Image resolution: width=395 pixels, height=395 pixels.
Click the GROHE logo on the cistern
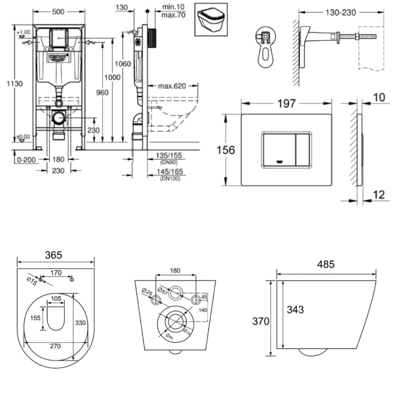pyautogui.click(x=59, y=57)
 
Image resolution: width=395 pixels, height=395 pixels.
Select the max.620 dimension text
pyautogui.click(x=172, y=86)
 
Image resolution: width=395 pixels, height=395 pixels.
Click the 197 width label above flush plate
pyautogui.click(x=286, y=103)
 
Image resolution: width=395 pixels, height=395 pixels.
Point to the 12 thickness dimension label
pyautogui.click(x=379, y=194)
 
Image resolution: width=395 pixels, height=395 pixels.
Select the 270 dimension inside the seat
pyautogui.click(x=55, y=346)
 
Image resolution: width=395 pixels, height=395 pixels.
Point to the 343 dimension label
pyautogui.click(x=295, y=310)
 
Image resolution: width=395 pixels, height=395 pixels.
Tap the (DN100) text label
pyautogui.click(x=170, y=179)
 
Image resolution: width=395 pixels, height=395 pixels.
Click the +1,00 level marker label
pyautogui.click(x=25, y=32)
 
